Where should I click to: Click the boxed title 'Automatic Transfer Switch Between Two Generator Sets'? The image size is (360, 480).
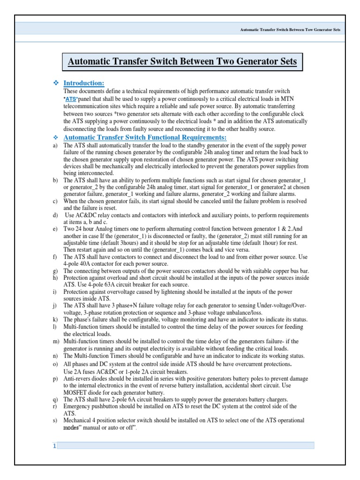(182, 61)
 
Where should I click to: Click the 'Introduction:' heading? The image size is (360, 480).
(83, 83)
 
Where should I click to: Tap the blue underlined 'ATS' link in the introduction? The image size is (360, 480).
(70, 99)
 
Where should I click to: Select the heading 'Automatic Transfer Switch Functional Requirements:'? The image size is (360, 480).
(145, 137)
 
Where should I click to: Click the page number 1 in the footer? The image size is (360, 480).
(54, 446)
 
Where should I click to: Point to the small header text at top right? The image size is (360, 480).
(290, 30)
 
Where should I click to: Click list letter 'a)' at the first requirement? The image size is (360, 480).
(55, 146)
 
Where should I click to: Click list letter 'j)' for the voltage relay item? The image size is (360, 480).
(55, 306)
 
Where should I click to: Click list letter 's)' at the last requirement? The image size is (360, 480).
(55, 420)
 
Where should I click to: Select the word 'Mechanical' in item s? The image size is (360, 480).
(78, 420)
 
